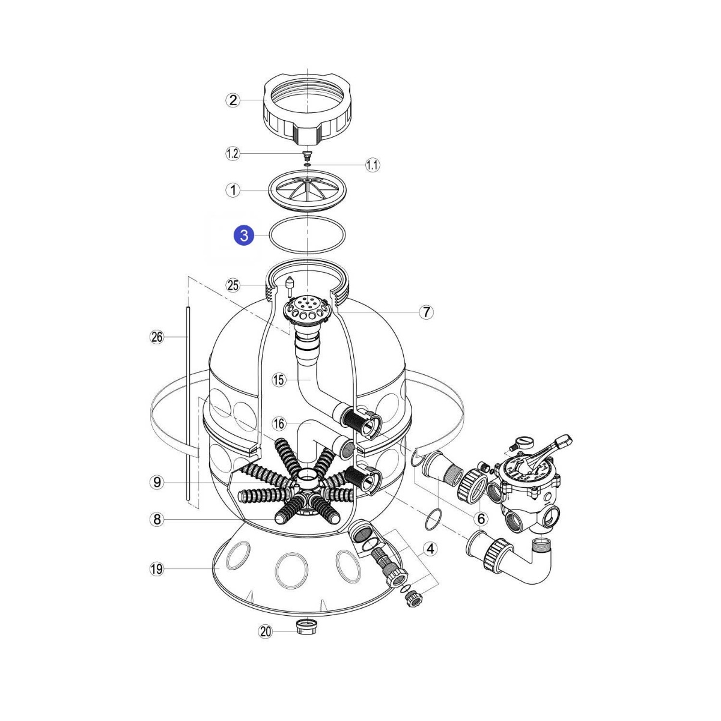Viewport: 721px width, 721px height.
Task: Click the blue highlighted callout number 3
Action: (x=243, y=236)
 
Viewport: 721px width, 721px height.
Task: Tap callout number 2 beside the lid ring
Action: (x=233, y=100)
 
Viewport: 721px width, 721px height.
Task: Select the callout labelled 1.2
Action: (x=233, y=154)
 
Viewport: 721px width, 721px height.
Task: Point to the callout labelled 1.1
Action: (x=373, y=165)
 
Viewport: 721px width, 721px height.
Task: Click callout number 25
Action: (x=233, y=285)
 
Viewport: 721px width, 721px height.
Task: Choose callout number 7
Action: (x=426, y=312)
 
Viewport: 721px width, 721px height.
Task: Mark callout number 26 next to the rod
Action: (x=157, y=337)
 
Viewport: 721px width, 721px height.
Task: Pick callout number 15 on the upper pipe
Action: (x=279, y=380)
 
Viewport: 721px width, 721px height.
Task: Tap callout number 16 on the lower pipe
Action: (x=279, y=424)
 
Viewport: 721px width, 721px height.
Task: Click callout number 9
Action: (x=157, y=482)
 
